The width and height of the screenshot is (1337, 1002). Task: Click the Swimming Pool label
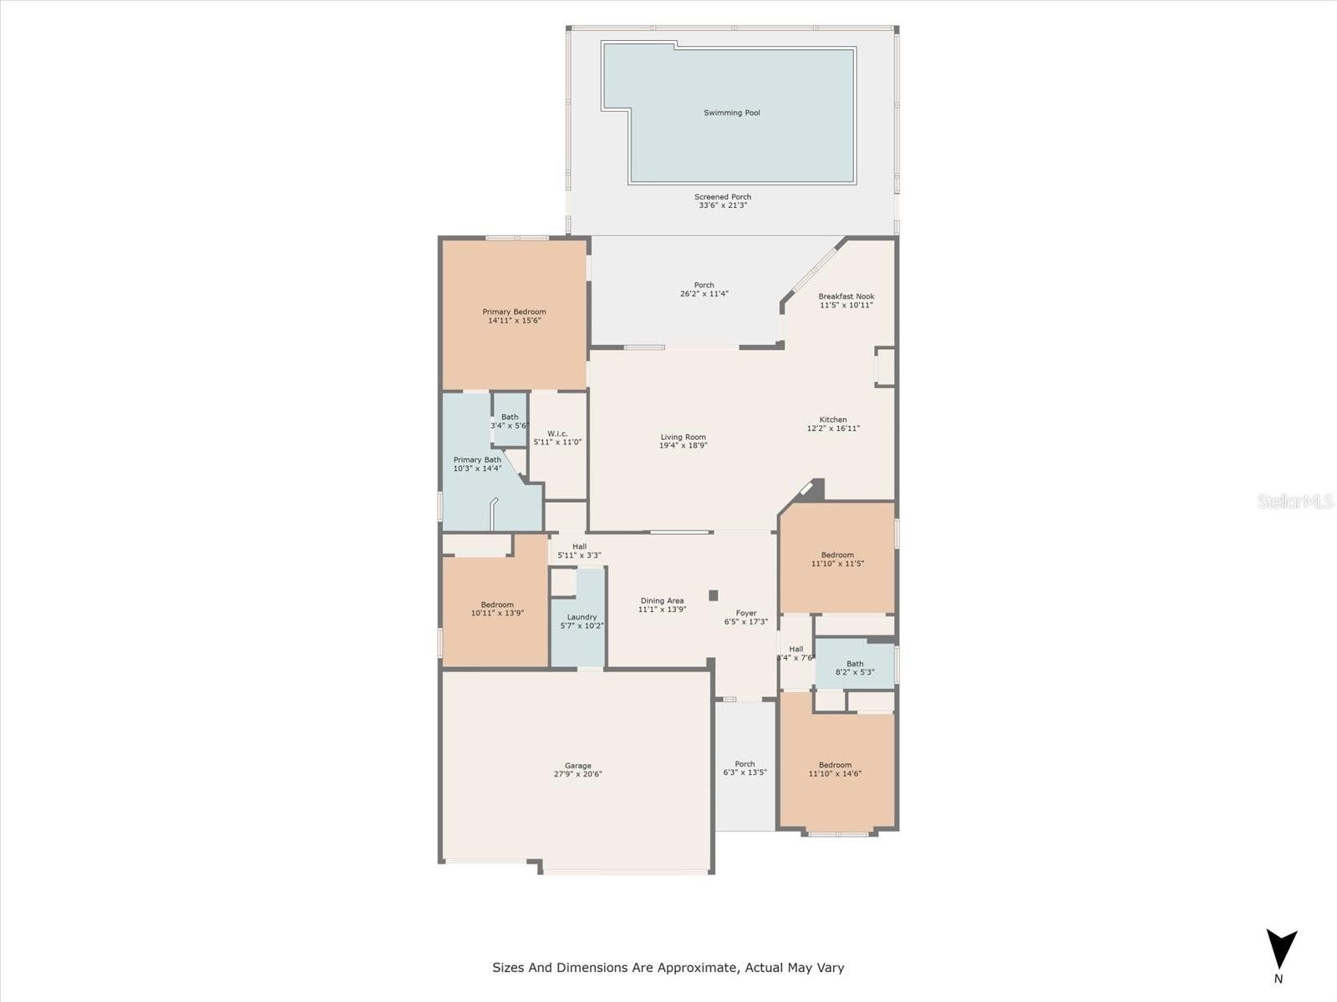pyautogui.click(x=731, y=113)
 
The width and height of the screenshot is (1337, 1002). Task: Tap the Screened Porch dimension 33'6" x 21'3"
pyautogui.click(x=723, y=205)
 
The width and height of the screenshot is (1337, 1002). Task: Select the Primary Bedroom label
pyautogui.click(x=514, y=311)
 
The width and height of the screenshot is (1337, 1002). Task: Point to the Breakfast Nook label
pyautogui.click(x=846, y=296)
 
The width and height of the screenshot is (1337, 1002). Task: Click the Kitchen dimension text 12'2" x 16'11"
pyautogui.click(x=833, y=428)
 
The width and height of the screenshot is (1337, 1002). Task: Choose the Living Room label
pyautogui.click(x=683, y=437)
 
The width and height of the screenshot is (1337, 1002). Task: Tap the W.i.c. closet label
pyautogui.click(x=557, y=433)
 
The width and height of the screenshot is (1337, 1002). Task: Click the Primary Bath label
pyautogui.click(x=477, y=460)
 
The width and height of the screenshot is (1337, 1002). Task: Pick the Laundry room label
pyautogui.click(x=582, y=617)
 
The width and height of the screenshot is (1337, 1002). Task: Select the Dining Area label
pyautogui.click(x=662, y=600)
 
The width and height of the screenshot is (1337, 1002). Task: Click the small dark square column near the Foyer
pyautogui.click(x=714, y=595)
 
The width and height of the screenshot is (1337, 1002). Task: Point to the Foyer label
pyautogui.click(x=746, y=613)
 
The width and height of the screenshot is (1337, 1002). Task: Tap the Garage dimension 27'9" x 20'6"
pyautogui.click(x=577, y=775)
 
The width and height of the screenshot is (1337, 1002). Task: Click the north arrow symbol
pyautogui.click(x=1282, y=949)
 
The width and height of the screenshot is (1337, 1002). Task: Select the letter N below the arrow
pyautogui.click(x=1279, y=979)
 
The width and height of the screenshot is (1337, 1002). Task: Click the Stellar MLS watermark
pyautogui.click(x=1295, y=501)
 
